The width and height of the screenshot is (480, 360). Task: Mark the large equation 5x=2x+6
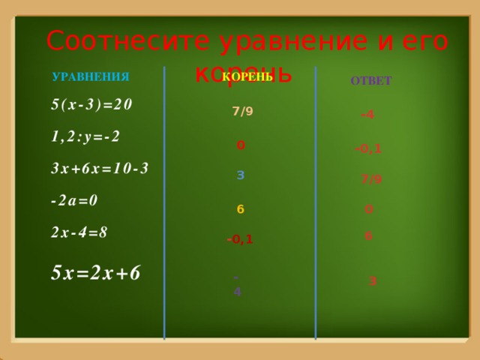(x=95, y=271)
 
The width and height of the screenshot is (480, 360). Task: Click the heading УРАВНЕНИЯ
(x=91, y=77)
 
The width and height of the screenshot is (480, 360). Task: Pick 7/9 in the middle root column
(x=242, y=112)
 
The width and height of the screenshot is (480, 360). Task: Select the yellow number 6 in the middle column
(x=240, y=209)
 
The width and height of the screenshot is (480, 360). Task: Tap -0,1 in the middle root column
(x=240, y=240)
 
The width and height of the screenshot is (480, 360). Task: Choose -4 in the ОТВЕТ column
(x=367, y=115)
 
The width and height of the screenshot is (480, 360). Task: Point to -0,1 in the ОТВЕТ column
(x=367, y=148)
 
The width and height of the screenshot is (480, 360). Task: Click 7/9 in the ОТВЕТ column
(x=370, y=179)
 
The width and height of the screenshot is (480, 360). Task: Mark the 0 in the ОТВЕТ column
(x=369, y=209)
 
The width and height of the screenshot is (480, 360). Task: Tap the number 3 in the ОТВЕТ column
(x=373, y=281)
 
